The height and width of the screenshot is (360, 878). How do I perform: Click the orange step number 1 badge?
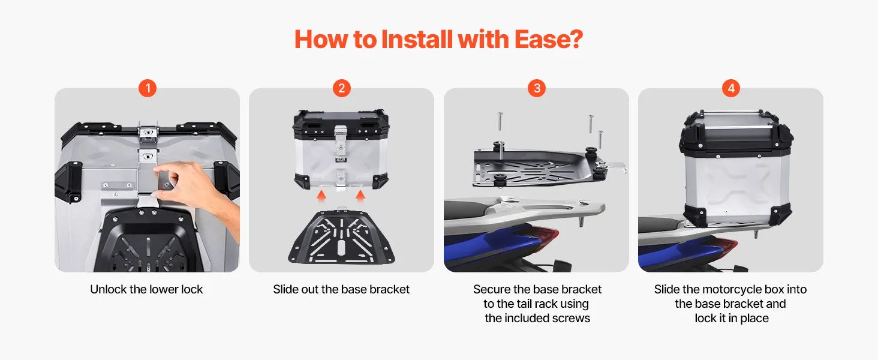pyautogui.click(x=148, y=88)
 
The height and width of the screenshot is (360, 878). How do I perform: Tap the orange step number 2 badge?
pyautogui.click(x=342, y=88)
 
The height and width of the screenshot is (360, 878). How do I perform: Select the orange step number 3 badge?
pyautogui.click(x=537, y=88)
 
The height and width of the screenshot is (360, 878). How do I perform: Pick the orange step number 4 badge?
pyautogui.click(x=731, y=88)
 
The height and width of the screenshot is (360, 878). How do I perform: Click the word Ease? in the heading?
pyautogui.click(x=549, y=39)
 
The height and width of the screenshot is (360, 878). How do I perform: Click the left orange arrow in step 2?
pyautogui.click(x=321, y=196)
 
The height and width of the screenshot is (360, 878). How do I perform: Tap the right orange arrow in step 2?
pyautogui.click(x=360, y=196)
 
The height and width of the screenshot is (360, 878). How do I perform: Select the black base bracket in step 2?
pyautogui.click(x=341, y=236)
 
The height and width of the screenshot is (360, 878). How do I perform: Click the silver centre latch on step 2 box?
pyautogui.click(x=340, y=139)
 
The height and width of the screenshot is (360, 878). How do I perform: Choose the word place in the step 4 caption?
pyautogui.click(x=754, y=318)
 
